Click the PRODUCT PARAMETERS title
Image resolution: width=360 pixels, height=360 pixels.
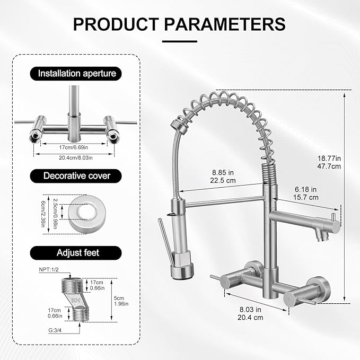click(180, 23)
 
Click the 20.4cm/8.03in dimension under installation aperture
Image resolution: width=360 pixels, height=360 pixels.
click(74, 157)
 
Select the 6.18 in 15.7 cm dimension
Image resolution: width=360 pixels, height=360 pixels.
click(306, 193)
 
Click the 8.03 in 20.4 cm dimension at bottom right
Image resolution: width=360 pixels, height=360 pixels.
click(250, 314)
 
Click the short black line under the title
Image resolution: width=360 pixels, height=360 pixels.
click(180, 40)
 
